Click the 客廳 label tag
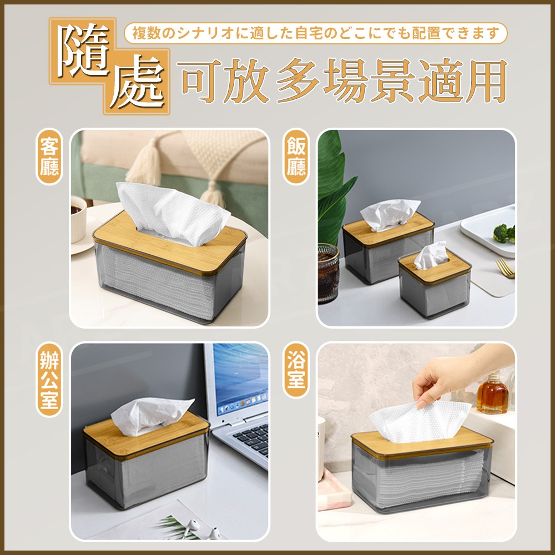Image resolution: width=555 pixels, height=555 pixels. click(x=49, y=157)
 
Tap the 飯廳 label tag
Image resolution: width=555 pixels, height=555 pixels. click(x=296, y=157)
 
